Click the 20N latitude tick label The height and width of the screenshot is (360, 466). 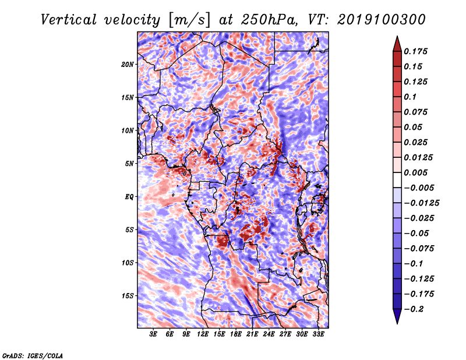[128, 65]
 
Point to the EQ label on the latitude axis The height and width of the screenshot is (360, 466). [129, 197]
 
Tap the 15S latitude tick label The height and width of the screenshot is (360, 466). [128, 296]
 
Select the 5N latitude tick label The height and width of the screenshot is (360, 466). [129, 164]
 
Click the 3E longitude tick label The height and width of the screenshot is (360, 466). [153, 334]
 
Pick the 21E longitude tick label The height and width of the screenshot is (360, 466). [252, 334]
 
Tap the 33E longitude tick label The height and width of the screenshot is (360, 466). [318, 334]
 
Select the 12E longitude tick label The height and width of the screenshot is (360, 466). [203, 334]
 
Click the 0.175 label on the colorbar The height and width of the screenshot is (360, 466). [415, 51]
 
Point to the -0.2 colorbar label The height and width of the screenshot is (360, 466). [414, 309]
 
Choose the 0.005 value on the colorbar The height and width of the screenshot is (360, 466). [415, 172]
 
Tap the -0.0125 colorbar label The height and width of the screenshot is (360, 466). [421, 203]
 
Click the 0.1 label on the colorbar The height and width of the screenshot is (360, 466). [410, 97]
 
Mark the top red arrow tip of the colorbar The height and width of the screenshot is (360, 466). [397, 36]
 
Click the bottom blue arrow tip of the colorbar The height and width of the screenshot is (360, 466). [397, 323]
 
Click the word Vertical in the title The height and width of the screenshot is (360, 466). [69, 20]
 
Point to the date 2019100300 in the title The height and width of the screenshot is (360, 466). [382, 20]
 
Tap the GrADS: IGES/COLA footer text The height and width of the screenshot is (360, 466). [33, 356]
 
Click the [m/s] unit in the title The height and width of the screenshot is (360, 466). [189, 20]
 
